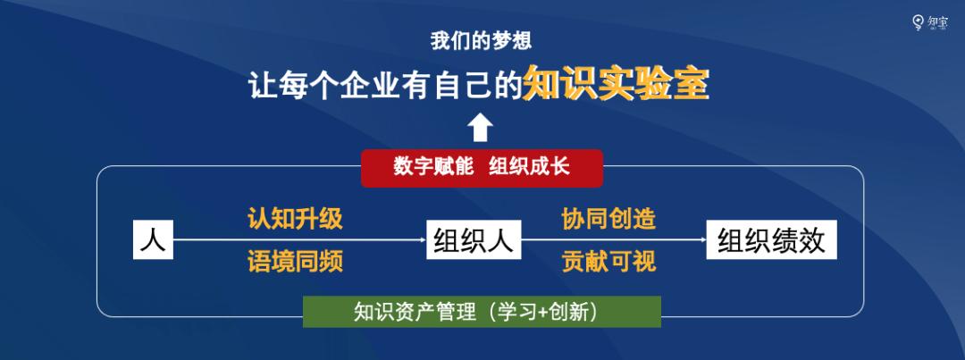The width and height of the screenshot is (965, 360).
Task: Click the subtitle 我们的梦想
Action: (x=482, y=41)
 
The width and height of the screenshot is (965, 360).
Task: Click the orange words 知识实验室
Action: (x=616, y=85)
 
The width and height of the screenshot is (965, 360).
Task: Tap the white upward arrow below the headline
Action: (x=481, y=128)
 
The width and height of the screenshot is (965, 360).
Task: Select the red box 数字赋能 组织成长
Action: (x=482, y=168)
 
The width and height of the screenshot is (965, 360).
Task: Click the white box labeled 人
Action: (x=153, y=239)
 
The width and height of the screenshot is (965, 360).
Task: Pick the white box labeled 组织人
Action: (x=474, y=239)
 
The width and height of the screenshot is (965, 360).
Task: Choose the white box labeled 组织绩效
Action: (x=770, y=239)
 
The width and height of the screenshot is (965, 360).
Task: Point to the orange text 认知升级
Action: (x=295, y=219)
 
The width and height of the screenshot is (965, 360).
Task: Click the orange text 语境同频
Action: (x=295, y=261)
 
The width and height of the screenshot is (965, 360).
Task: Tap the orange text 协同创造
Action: (x=608, y=219)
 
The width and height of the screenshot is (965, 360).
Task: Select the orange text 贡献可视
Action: (x=608, y=261)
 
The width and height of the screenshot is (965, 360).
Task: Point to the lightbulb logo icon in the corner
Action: (x=917, y=22)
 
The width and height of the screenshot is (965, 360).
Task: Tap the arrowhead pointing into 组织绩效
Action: (x=701, y=239)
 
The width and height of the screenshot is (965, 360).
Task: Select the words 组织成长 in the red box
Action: (x=529, y=168)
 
